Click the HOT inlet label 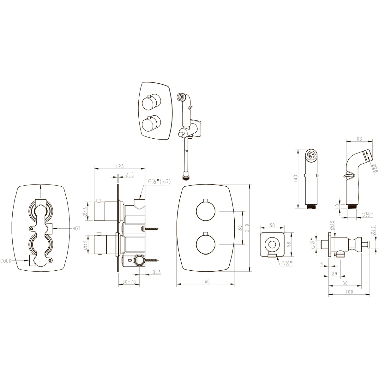pyautogui.click(x=76, y=228)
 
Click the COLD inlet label pyautogui.click(x=6, y=261)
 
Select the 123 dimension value pyautogui.click(x=120, y=166)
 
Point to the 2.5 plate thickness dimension pyautogui.click(x=129, y=174)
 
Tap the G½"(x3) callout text pyautogui.click(x=159, y=182)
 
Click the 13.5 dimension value pyautogui.click(x=155, y=272)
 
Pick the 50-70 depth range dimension pyautogui.click(x=129, y=282)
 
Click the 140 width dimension pyautogui.click(x=206, y=282)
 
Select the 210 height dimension pyautogui.click(x=247, y=228)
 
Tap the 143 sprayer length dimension pyautogui.click(x=296, y=179)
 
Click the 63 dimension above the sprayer pyautogui.click(x=359, y=139)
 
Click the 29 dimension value pyautogui.click(x=334, y=274)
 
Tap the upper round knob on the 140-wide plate pyautogui.click(x=206, y=211)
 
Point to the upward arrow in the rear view pyautogui.click(x=40, y=191)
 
